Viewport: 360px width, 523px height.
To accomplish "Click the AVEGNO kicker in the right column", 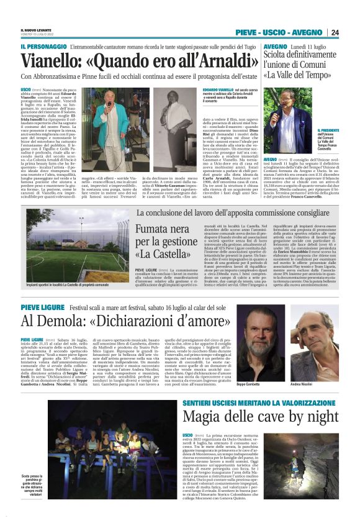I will [x=275, y=47].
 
